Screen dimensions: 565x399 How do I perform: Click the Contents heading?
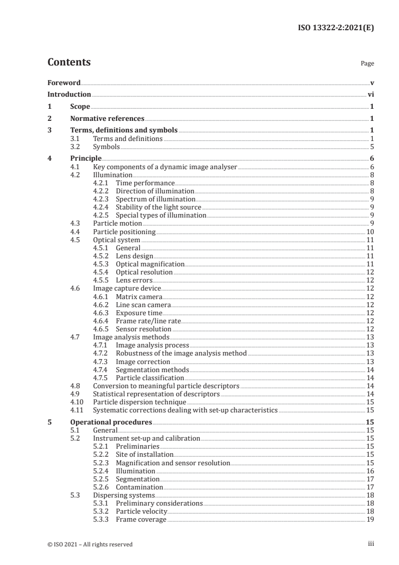point(69,62)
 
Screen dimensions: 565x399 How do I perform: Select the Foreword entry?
point(64,82)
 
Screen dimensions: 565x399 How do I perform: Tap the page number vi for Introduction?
point(370,94)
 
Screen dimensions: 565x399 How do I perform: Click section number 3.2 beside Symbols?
point(75,147)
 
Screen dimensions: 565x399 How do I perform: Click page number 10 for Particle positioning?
point(369,232)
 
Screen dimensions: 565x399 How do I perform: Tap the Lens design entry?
point(134,256)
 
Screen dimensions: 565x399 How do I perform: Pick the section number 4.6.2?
point(102,305)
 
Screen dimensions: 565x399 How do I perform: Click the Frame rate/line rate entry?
point(148,321)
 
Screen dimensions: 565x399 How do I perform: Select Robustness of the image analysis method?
point(181,353)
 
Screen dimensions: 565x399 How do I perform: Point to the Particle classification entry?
point(149,378)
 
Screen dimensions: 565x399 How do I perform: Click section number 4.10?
point(77,402)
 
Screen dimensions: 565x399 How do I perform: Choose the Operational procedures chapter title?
point(111,422)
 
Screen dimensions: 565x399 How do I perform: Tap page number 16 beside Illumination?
point(369,471)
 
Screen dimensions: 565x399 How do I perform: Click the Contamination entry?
point(139,487)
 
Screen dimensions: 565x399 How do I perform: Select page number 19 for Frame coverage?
point(369,519)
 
